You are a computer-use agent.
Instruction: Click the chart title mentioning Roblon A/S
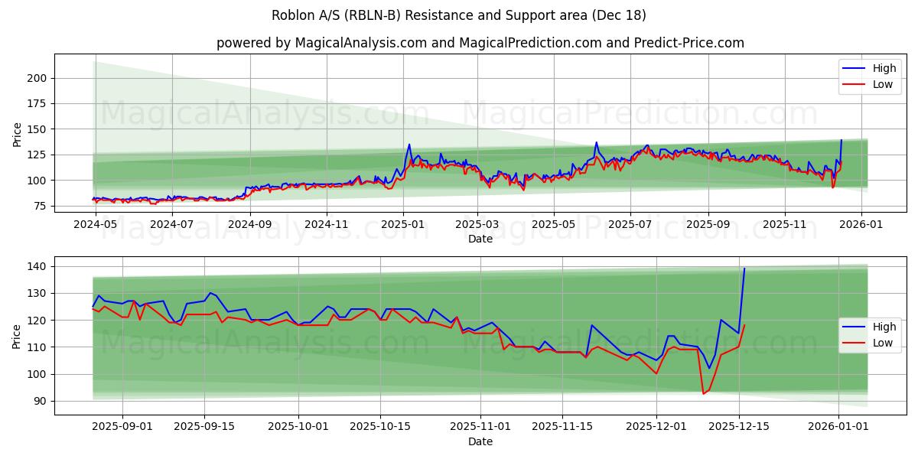point(459,15)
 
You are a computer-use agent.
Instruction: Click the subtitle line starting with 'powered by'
point(480,43)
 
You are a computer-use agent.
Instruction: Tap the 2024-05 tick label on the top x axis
point(95,226)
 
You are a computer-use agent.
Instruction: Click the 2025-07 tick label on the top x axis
point(630,226)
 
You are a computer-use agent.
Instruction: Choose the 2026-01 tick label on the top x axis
point(861,226)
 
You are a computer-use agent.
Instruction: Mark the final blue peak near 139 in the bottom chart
point(744,269)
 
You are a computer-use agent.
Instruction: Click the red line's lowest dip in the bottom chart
point(703,394)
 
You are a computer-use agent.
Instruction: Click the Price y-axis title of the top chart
point(17,134)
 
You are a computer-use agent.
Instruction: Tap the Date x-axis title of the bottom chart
point(480,441)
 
